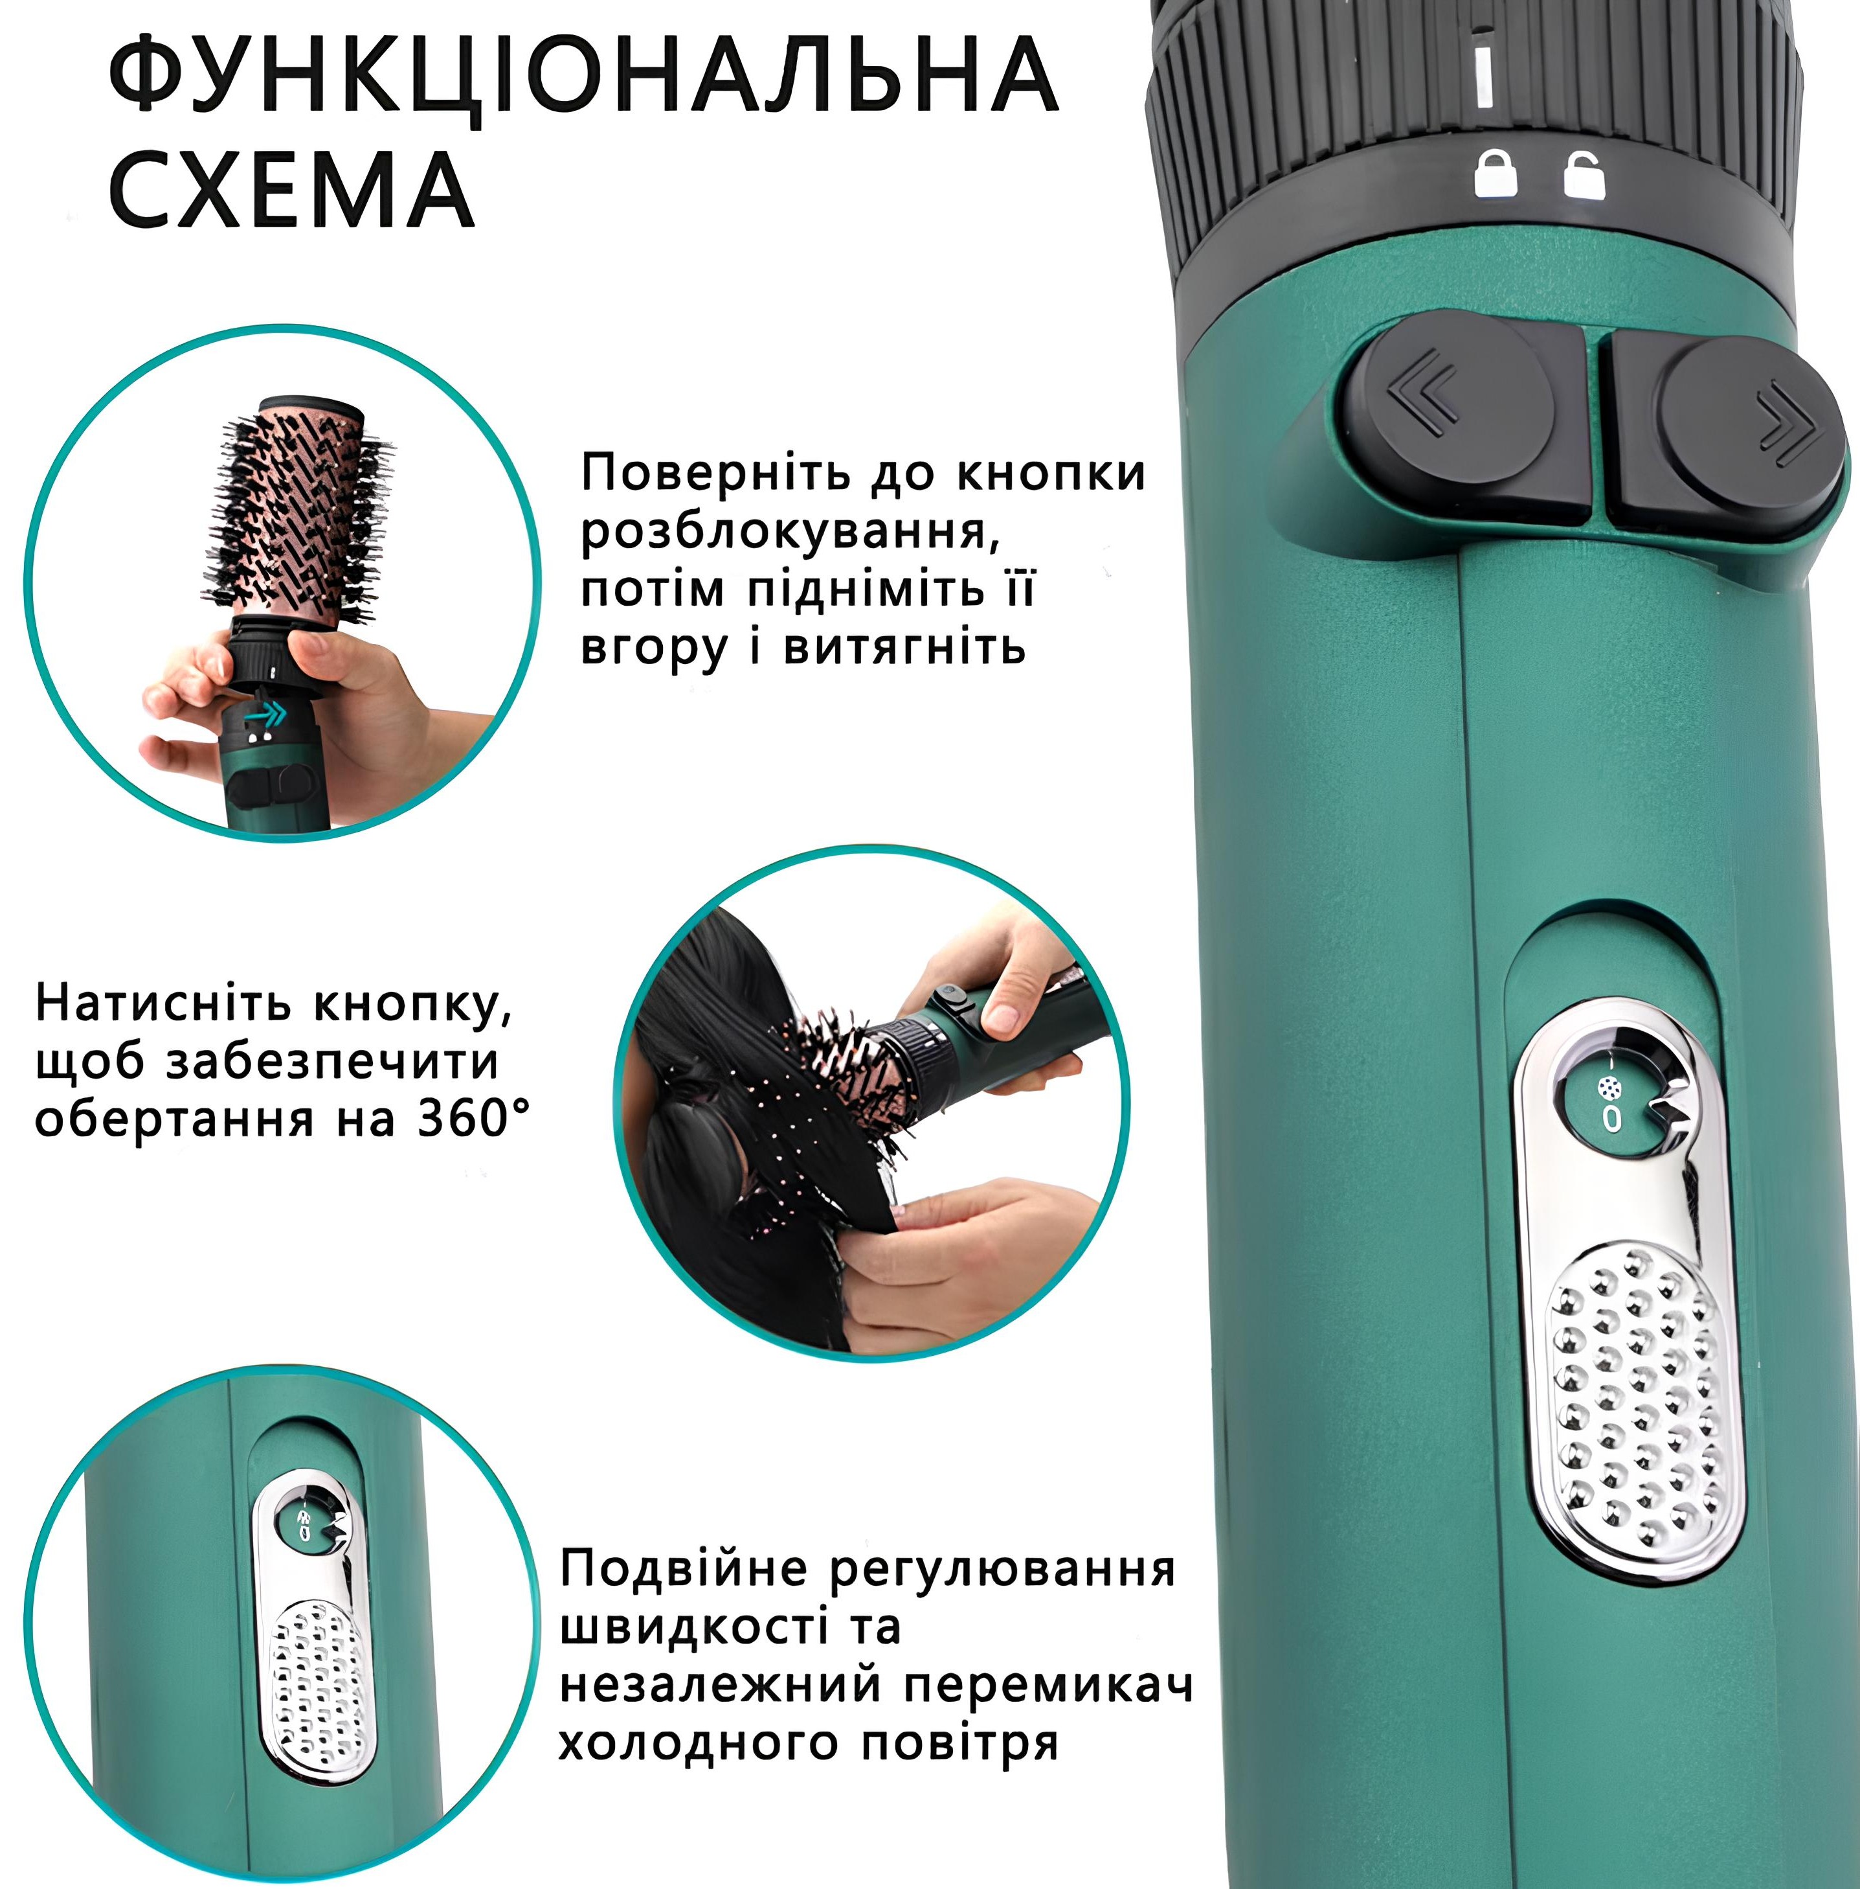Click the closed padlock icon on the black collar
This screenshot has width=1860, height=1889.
click(1496, 175)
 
